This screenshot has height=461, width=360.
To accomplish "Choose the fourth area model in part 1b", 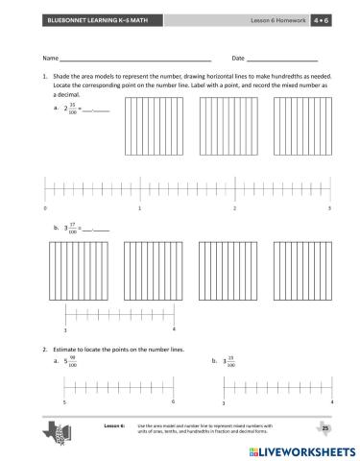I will [302, 273].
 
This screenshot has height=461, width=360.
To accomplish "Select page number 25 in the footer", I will [324, 426].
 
